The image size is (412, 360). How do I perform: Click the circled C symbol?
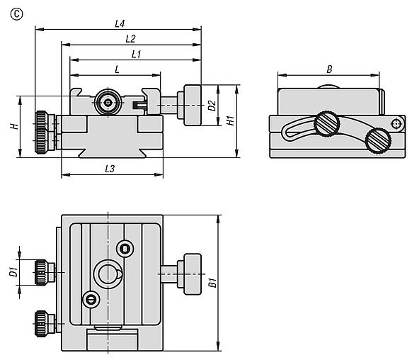coord(16,14)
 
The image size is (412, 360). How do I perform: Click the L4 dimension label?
coord(120,24)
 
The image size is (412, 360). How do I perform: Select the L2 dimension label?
coord(130,39)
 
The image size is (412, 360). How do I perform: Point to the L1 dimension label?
coord(136,54)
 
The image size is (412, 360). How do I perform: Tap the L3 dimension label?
coord(110,169)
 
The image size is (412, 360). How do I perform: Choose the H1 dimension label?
coord(231,120)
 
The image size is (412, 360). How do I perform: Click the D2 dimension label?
coord(212,106)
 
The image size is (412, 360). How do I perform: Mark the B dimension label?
coord(329,69)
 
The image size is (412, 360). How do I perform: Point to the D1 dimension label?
coord(13,271)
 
